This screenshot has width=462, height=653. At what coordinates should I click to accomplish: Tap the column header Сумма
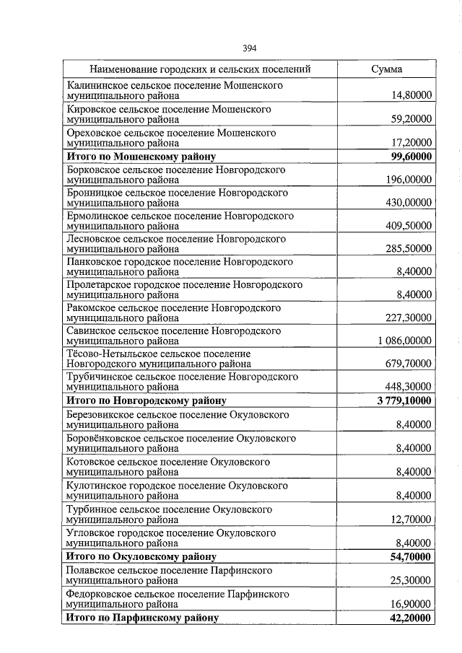pyautogui.click(x=387, y=69)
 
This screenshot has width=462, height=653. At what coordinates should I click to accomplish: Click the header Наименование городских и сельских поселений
pyautogui.click(x=200, y=69)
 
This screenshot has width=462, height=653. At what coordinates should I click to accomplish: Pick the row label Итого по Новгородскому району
pyautogui.click(x=147, y=400)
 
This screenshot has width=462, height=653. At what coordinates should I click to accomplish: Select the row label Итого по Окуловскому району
pyautogui.click(x=141, y=556)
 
